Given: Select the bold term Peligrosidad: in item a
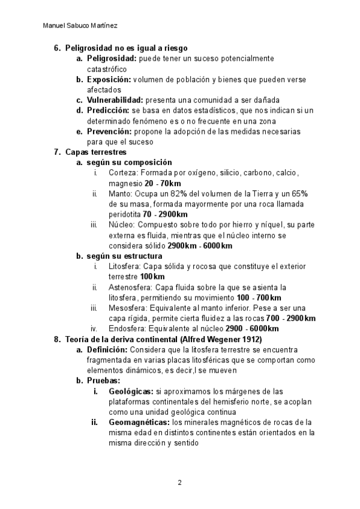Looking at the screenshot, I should (x=112, y=59).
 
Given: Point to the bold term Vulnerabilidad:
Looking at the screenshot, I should (x=115, y=100).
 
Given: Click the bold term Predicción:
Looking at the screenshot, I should (x=108, y=110).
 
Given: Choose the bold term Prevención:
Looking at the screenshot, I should (x=109, y=131).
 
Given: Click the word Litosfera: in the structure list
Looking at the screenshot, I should (x=126, y=267).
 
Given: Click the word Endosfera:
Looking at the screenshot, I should (x=128, y=329).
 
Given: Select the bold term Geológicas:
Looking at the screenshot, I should (x=131, y=391).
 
